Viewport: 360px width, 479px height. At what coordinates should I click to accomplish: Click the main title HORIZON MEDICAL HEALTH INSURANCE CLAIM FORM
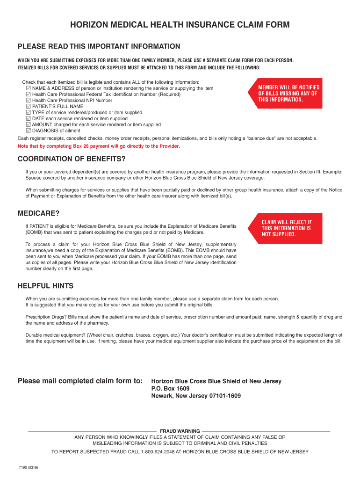(x=180, y=25)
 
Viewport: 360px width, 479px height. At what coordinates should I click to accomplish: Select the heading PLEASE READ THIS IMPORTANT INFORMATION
(x=99, y=46)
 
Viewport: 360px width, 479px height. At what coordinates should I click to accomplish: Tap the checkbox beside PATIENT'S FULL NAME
(x=29, y=106)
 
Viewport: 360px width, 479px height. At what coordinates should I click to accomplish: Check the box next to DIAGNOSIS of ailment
(x=29, y=131)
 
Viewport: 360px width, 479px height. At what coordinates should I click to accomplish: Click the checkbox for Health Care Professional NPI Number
(x=29, y=100)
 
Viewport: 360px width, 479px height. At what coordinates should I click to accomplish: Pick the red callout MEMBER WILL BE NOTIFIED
(x=288, y=94)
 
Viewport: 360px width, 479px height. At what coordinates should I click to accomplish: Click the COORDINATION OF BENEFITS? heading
(x=72, y=158)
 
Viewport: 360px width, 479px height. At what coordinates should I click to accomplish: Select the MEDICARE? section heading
(x=38, y=213)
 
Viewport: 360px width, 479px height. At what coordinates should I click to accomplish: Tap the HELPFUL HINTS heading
(x=45, y=286)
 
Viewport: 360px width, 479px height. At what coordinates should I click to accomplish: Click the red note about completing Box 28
(x=99, y=146)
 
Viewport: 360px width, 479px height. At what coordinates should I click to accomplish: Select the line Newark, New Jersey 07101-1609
(x=196, y=396)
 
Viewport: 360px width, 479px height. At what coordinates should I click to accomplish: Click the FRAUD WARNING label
(x=180, y=431)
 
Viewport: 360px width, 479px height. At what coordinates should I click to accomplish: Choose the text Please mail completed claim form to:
(x=80, y=381)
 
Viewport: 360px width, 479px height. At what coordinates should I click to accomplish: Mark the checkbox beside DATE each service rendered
(x=29, y=118)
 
